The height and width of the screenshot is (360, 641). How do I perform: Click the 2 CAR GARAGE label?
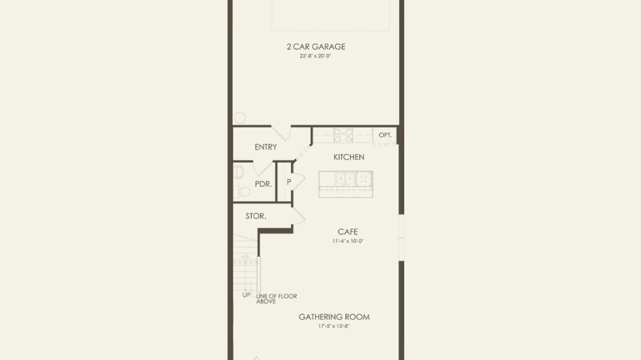click(316, 47)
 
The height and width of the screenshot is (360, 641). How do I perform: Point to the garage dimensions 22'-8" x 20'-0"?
click(315, 56)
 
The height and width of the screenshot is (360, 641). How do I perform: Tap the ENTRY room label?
click(266, 147)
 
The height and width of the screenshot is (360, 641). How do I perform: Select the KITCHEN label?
click(349, 157)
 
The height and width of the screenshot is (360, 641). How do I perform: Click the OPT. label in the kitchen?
click(385, 135)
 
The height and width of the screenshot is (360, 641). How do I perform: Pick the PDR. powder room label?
click(263, 184)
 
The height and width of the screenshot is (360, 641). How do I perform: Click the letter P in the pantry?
click(289, 181)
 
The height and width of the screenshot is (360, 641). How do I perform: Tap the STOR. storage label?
click(256, 216)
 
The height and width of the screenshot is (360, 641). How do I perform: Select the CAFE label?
click(348, 232)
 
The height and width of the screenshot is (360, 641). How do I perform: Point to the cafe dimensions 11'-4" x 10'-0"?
click(348, 241)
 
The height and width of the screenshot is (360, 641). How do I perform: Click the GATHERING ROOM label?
click(334, 317)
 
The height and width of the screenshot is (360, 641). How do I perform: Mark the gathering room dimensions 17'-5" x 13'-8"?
click(334, 326)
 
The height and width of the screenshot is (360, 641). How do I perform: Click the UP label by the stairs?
click(247, 295)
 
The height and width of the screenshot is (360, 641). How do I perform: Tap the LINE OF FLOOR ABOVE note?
click(277, 299)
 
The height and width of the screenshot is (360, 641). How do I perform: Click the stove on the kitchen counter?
click(344, 135)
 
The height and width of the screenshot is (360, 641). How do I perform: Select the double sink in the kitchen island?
click(345, 179)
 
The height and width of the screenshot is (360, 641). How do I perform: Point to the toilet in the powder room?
click(242, 191)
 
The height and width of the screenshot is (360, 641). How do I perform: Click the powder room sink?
click(238, 172)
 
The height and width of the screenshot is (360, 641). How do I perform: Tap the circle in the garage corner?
click(240, 118)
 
